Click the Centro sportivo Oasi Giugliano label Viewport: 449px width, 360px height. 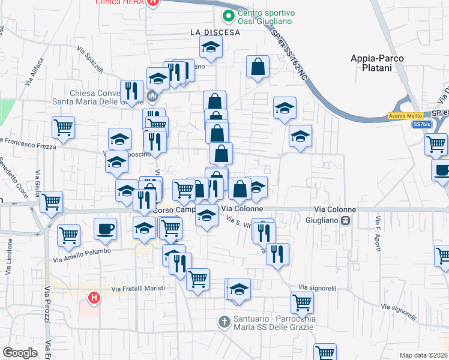point(264,17)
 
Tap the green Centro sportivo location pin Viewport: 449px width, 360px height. point(228,16)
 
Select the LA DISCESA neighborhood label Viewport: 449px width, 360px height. point(215,32)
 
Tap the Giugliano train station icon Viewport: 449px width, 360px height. point(346,220)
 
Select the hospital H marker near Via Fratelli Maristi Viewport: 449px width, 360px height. point(94,297)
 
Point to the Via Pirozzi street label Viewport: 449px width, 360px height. point(46,306)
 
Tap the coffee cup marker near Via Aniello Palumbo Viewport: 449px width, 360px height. point(106,229)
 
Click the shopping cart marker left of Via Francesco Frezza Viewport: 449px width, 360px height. point(63,127)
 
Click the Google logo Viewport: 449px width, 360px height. point(20,353)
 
